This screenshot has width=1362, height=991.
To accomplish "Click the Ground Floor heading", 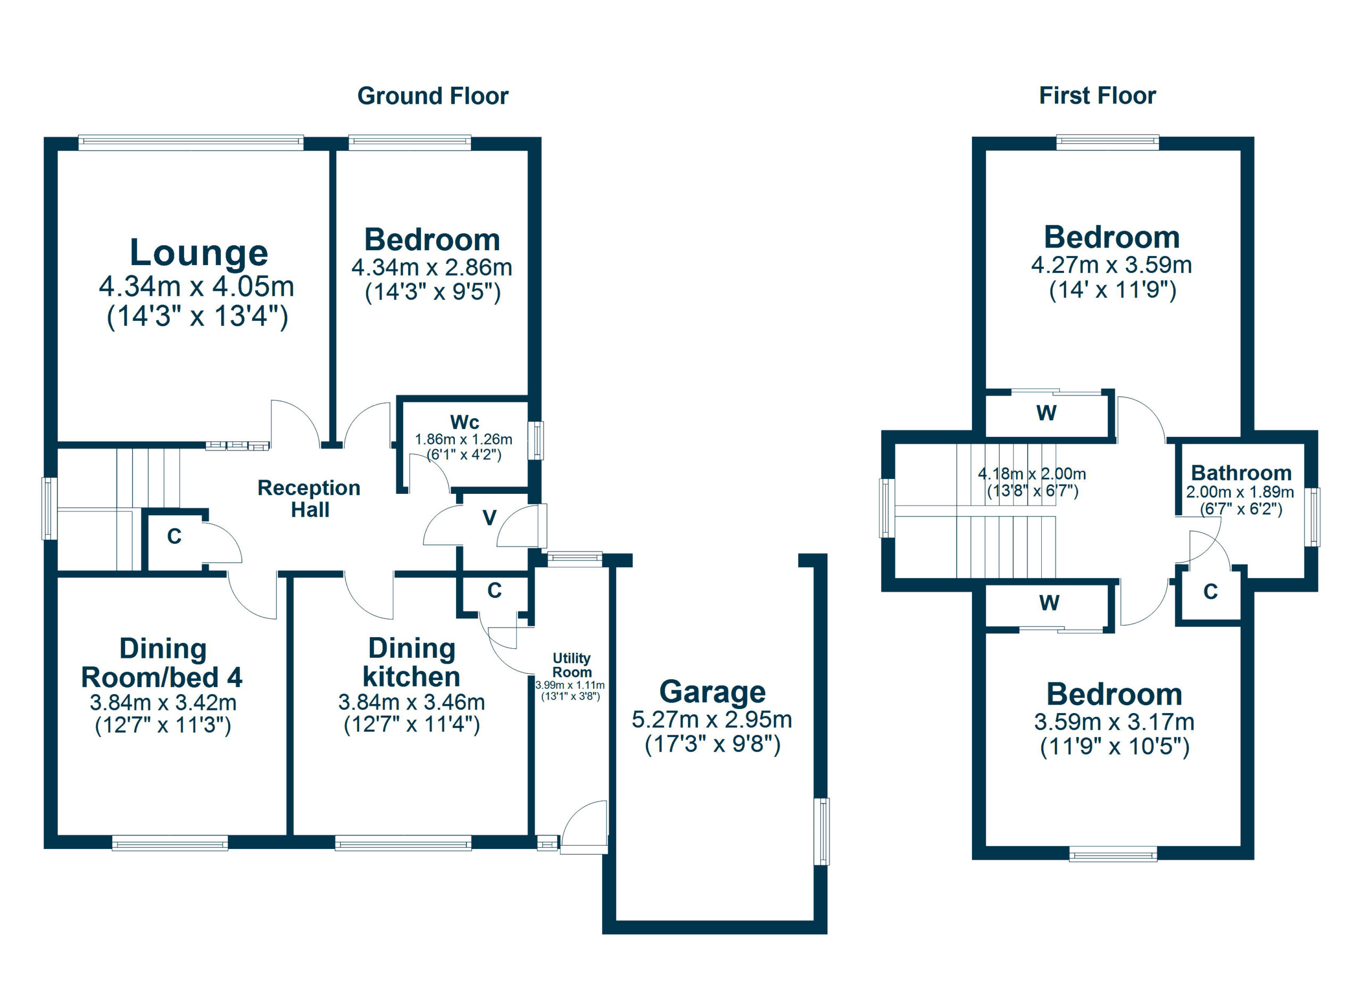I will [x=433, y=96].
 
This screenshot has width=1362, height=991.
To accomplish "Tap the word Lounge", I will [x=199, y=253].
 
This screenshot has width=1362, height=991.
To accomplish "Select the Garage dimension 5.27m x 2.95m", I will [x=712, y=720].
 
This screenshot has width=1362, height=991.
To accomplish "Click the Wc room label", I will [x=464, y=422].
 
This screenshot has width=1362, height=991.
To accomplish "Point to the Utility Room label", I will [x=572, y=665].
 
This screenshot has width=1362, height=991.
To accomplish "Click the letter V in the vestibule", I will [x=489, y=518].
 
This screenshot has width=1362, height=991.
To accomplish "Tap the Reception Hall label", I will [x=309, y=499].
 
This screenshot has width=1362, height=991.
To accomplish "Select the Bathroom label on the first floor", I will [x=1241, y=473].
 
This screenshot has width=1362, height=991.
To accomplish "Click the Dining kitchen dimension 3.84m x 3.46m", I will [x=411, y=701].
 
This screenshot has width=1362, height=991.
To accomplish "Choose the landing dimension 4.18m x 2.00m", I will [x=1032, y=474].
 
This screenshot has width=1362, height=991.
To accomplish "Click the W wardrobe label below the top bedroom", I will [x=1046, y=413].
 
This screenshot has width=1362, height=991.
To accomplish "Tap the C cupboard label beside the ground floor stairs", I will [x=174, y=536].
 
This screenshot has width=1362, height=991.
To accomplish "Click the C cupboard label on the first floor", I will [x=1210, y=592].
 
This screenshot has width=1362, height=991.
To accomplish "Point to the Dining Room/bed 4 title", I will [x=162, y=663].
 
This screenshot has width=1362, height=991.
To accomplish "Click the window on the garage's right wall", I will [x=821, y=831].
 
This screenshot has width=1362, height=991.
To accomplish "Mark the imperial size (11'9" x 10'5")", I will [x=1114, y=747].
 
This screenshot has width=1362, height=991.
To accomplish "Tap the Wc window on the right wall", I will [x=538, y=441].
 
